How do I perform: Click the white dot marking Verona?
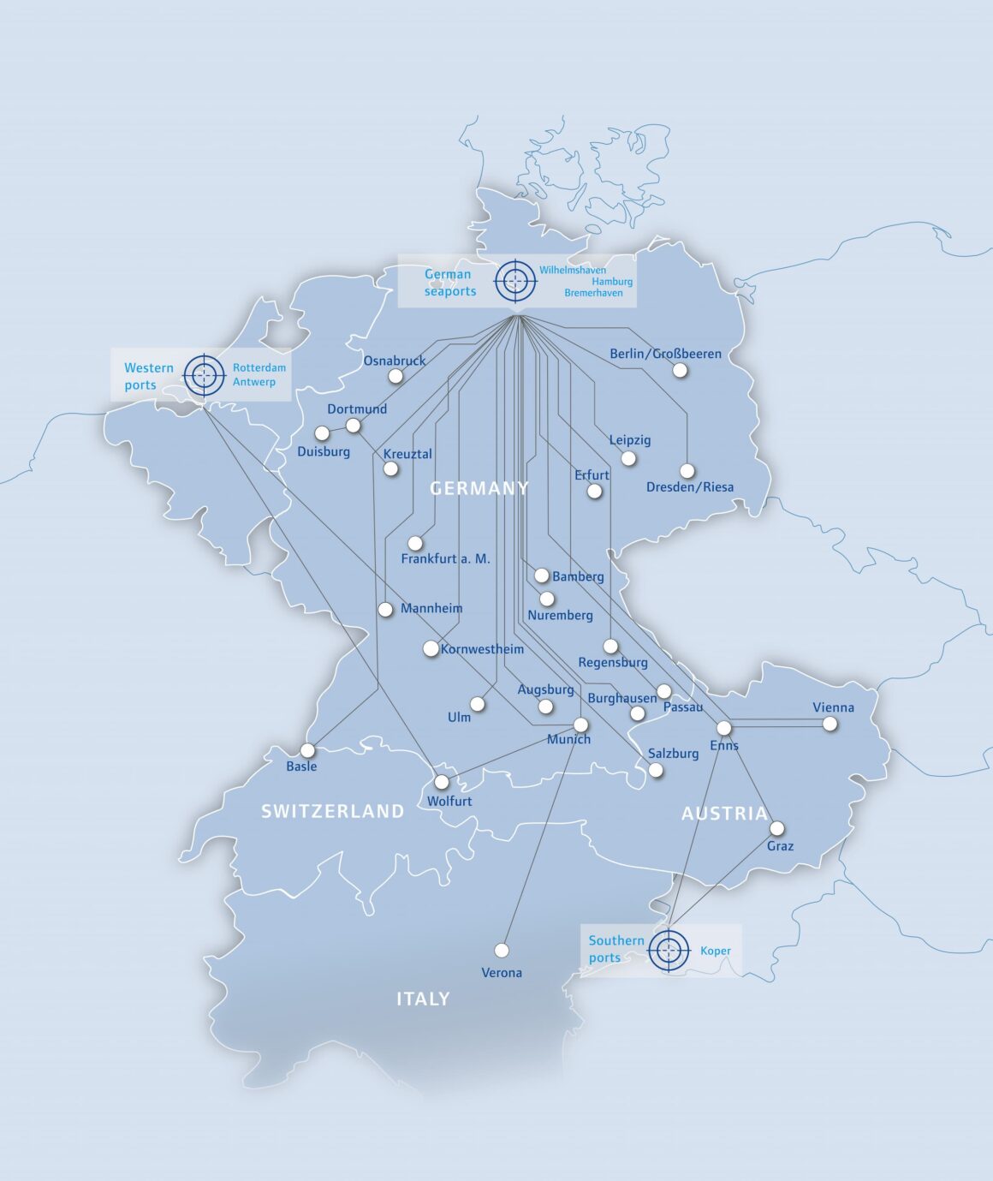click(502, 951)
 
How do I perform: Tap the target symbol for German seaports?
click(515, 280)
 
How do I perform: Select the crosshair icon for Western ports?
click(204, 375)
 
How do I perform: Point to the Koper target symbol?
click(669, 951)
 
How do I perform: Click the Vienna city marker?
click(829, 724)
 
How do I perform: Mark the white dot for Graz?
click(776, 828)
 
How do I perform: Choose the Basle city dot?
click(307, 750)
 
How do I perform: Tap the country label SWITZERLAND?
click(332, 811)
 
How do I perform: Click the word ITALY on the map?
click(423, 999)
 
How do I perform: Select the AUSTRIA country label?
click(724, 814)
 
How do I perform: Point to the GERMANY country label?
click(479, 488)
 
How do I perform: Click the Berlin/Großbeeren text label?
click(665, 354)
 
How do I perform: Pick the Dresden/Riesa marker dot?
click(687, 471)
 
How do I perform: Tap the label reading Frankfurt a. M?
click(445, 558)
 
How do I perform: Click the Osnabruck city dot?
click(395, 376)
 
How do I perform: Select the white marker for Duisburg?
click(322, 433)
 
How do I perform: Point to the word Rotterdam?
click(259, 367)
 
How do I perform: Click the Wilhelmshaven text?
click(572, 270)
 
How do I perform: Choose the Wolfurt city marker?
click(442, 782)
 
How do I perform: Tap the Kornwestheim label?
click(482, 649)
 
